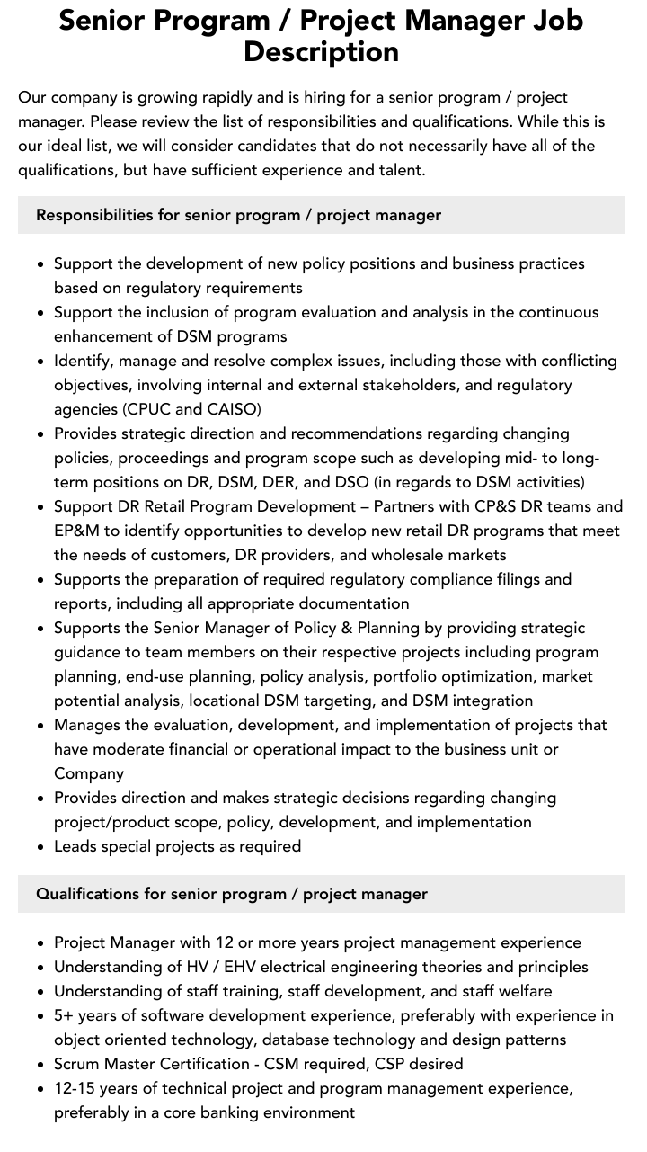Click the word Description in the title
click(321, 51)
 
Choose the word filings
click(517, 579)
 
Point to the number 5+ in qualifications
click(64, 1015)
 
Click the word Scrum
click(76, 1064)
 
